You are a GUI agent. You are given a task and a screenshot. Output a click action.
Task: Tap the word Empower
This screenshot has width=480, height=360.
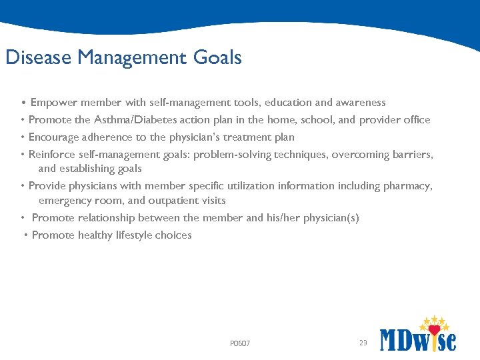tap(53, 103)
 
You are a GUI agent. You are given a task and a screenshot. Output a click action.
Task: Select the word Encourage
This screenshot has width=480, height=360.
tap(54, 137)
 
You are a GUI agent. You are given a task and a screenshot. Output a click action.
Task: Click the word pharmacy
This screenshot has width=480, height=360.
tap(407, 186)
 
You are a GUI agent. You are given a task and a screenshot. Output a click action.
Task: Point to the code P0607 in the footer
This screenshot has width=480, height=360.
tap(240, 344)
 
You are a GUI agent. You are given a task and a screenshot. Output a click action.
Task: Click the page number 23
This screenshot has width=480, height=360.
tap(363, 343)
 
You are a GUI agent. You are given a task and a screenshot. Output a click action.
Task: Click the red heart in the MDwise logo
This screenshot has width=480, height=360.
tap(435, 330)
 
